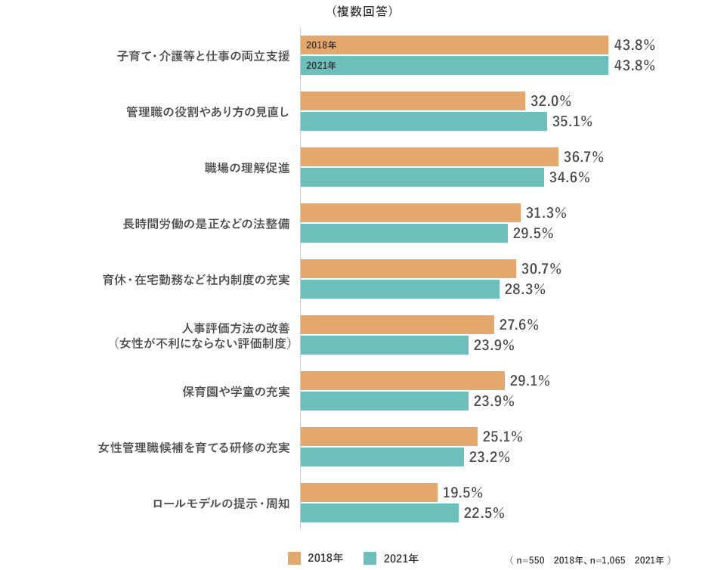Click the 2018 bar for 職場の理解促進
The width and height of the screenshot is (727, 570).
429,157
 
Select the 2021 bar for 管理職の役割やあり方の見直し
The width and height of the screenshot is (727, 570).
423,122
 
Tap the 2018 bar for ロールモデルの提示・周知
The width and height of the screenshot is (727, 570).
369,493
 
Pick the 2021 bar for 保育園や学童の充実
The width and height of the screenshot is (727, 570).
384,401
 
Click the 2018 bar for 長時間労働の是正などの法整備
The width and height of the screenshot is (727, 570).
410,213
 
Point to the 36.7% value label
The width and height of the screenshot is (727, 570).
583,157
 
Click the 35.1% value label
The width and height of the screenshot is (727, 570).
572,122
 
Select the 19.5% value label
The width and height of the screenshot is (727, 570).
462,493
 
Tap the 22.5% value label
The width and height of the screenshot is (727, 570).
484,513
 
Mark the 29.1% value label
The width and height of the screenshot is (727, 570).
530,381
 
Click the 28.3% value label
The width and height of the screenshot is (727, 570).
525,290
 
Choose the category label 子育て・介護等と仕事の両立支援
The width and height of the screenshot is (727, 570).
203,56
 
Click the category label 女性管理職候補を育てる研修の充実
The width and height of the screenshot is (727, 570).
194,448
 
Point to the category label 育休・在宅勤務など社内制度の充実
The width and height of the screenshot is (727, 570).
196,280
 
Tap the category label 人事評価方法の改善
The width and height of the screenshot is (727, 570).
236,328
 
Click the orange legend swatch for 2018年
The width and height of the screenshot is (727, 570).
295,559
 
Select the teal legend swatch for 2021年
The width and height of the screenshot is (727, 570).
370,559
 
